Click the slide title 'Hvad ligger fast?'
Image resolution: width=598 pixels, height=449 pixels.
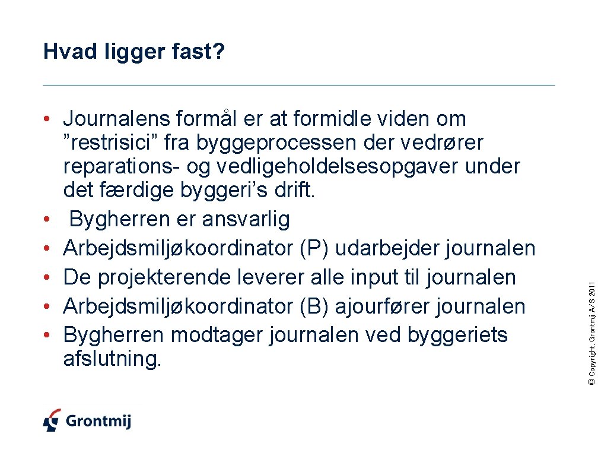134,53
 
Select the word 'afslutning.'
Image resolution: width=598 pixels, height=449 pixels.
112,359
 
